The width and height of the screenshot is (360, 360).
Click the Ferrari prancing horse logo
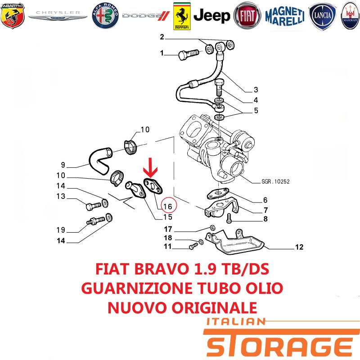182,16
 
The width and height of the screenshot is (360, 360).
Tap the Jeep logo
211,16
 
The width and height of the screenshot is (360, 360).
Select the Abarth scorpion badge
13,16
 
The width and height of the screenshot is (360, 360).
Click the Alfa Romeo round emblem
105,16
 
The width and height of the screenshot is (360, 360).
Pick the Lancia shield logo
322,16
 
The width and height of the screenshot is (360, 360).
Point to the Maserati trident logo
351,16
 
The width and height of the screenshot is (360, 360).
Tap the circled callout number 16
168,206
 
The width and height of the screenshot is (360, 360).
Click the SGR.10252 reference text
275,181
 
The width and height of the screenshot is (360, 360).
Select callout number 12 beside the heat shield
299,247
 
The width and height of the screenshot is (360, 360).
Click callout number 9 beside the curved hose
63,165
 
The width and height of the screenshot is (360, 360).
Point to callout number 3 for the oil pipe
256,90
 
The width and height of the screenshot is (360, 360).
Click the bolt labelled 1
188,54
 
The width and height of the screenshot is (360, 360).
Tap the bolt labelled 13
94,206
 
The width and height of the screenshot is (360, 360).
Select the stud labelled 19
95,221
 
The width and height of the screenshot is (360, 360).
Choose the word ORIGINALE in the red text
215,308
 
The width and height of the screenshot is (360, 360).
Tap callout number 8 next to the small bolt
265,219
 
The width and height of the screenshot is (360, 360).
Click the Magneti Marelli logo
285,16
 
